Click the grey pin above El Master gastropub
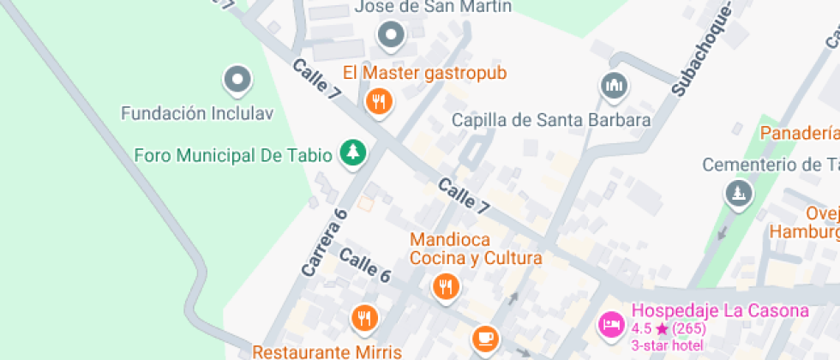[x=391, y=35]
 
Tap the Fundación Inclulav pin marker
[x=237, y=80]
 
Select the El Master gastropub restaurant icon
[x=378, y=103]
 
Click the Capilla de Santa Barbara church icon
[x=613, y=85]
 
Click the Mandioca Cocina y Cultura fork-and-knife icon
[x=445, y=286]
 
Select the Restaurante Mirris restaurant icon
[x=364, y=319]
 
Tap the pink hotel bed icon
[x=611, y=324]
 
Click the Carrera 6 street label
[x=324, y=242]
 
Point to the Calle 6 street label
[x=365, y=265]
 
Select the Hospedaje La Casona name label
[x=720, y=311]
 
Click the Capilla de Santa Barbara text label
[x=551, y=120]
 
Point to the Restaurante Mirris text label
[x=327, y=351]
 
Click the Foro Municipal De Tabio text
[x=233, y=155]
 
